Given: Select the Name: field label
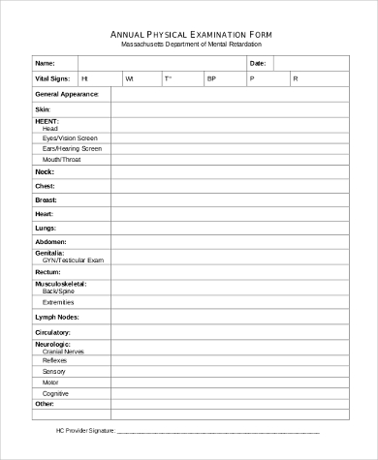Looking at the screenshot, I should point(45,62).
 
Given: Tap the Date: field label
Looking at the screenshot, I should point(258,62).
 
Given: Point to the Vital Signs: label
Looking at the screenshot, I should point(52,77).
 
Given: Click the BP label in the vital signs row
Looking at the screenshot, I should point(211,77).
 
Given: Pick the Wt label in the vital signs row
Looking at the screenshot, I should point(129,77).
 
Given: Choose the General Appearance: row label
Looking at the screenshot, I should point(67,94).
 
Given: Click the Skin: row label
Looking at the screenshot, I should point(43,109).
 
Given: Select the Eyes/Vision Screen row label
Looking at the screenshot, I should point(70,138).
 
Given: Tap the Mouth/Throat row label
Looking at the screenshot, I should point(61,159).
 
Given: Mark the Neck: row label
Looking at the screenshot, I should point(45,171).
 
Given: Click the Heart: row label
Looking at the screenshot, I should point(45,213).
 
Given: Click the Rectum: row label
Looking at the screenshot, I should point(48,272).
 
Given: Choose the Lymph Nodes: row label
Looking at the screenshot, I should point(56,317).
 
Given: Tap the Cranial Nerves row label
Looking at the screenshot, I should point(63,350).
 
